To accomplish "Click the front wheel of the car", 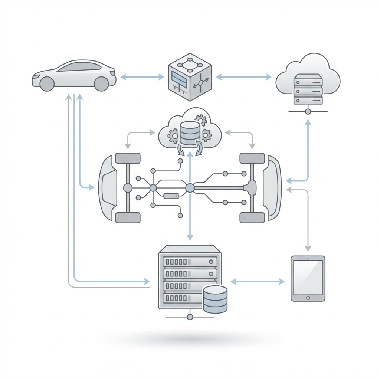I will click(47, 84).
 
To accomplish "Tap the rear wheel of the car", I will click(101, 84).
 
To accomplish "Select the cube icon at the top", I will click(190, 77).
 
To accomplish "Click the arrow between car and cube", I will click(142, 77).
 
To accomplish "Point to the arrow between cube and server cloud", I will click(243, 77).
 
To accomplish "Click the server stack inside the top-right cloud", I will click(308, 89).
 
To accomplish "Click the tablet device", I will click(307, 278).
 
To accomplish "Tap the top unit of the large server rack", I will click(190, 261).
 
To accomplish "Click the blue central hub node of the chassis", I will click(190, 188).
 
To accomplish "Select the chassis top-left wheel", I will click(128, 158).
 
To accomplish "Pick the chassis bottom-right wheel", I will click(252, 217).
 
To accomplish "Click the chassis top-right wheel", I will click(252, 158).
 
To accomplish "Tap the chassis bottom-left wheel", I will click(128, 217).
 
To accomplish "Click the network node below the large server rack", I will click(190, 317).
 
